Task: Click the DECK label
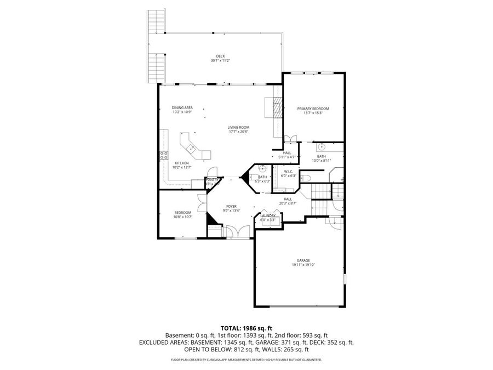tap(220, 56)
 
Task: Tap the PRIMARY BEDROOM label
tap(313, 109)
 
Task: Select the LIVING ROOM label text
tap(238, 128)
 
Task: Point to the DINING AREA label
tap(181, 107)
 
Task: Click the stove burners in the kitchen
tap(163, 155)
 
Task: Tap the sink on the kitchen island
tap(191, 147)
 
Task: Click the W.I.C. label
tap(288, 172)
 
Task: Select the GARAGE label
tap(303, 260)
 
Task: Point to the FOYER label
tap(231, 206)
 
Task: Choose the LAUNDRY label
tap(268, 216)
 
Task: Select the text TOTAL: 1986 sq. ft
tap(246, 327)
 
